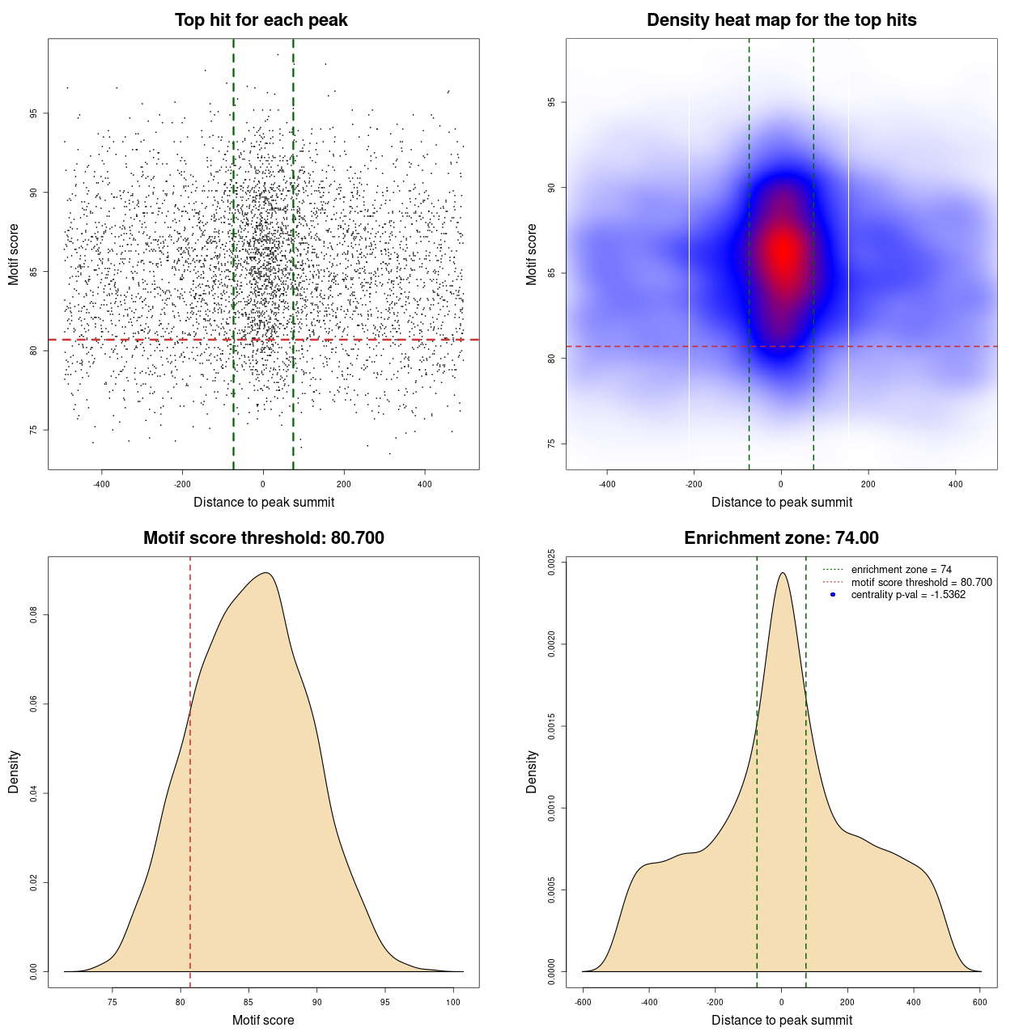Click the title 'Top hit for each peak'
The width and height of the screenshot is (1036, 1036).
(x=261, y=20)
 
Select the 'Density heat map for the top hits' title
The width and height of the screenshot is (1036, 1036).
(x=781, y=20)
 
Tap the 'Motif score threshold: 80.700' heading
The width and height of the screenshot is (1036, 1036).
(x=263, y=538)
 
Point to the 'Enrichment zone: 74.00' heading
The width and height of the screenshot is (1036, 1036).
(x=781, y=538)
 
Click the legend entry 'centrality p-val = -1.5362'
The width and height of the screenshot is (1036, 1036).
(x=908, y=595)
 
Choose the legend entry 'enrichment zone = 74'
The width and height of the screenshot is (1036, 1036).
(x=901, y=570)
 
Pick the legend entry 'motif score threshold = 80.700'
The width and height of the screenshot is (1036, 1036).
(x=921, y=582)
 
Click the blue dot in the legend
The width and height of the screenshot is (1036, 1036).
(x=833, y=595)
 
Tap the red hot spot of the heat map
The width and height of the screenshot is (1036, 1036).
(x=783, y=252)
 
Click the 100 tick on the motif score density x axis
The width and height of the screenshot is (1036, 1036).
(x=453, y=1002)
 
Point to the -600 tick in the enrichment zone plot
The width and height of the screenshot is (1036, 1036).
(x=583, y=1002)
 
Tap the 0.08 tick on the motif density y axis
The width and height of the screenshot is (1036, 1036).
(x=34, y=615)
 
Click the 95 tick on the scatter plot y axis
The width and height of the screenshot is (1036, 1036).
(x=34, y=113)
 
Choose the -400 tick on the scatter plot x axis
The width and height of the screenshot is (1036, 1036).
(x=101, y=484)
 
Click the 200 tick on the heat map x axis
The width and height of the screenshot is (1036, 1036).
(x=868, y=484)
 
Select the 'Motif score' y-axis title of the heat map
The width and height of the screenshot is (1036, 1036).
(x=532, y=254)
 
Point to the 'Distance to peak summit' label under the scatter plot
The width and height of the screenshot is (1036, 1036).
(x=264, y=502)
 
